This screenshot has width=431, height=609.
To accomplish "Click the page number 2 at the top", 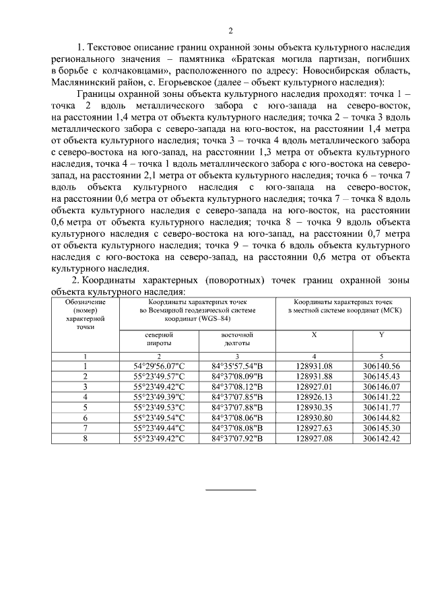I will point(230,30).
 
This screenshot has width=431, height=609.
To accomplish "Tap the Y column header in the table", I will point(381,334).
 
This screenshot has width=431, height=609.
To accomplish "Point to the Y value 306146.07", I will point(381,387).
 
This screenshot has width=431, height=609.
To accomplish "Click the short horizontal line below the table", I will point(230,489).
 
